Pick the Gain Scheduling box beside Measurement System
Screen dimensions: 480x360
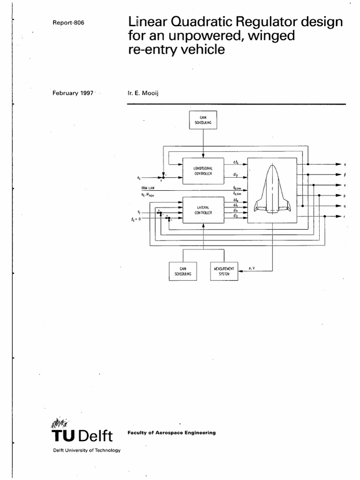(183, 271)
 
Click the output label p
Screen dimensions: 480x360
(345, 195)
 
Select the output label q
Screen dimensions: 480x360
(345, 206)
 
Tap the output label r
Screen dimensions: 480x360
(345, 217)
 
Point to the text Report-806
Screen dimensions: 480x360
(68, 23)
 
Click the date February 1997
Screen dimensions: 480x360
(74, 93)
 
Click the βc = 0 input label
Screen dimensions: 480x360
(138, 218)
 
